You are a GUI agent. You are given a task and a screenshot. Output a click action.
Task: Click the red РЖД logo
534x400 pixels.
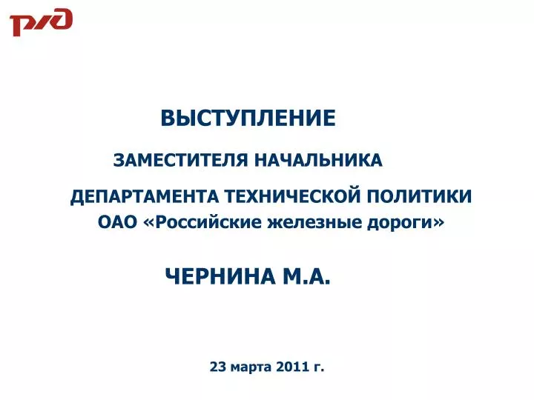click(x=42, y=22)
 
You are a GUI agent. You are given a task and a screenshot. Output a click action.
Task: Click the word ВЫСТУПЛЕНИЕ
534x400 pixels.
click(x=248, y=118)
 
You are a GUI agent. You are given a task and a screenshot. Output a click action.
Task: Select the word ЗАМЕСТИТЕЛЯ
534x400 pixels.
click(x=180, y=160)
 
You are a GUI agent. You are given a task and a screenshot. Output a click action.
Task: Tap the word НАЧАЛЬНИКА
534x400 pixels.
click(x=318, y=160)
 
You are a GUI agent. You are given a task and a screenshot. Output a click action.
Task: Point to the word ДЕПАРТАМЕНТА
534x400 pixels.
click(x=145, y=197)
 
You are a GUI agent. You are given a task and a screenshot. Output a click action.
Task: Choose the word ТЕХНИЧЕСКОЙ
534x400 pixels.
click(x=292, y=196)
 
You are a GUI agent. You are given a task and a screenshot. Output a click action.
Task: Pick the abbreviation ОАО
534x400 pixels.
click(x=117, y=223)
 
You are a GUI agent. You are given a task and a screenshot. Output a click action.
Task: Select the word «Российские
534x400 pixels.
click(x=203, y=223)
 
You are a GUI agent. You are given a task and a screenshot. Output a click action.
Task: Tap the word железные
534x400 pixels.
click(x=314, y=223)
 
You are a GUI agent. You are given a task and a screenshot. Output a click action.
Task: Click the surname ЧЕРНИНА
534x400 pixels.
click(x=221, y=276)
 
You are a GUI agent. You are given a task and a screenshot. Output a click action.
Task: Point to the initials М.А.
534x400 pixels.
click(x=306, y=276)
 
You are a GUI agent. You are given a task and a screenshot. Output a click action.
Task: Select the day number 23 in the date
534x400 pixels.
click(x=217, y=367)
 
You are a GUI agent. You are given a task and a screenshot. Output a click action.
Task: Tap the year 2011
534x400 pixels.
click(x=291, y=367)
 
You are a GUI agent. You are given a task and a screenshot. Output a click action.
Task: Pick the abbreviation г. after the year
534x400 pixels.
click(x=317, y=368)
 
